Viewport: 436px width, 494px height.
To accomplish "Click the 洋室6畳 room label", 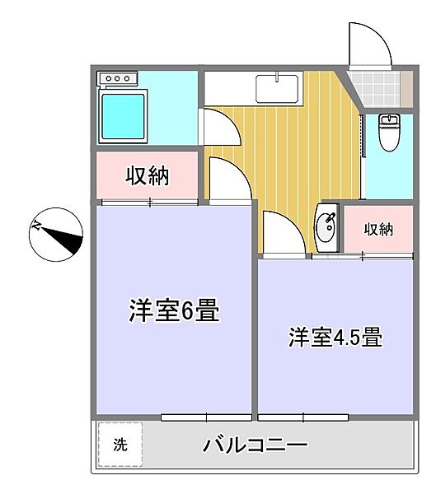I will [172, 312].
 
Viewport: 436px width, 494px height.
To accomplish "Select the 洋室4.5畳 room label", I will [334, 337].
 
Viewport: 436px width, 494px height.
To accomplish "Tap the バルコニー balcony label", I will [255, 446].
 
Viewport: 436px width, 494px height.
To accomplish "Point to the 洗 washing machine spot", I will [120, 445].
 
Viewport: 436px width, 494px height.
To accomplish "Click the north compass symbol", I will [56, 234].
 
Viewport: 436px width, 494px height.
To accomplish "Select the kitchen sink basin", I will [276, 86].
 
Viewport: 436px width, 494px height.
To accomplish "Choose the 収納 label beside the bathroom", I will [148, 175].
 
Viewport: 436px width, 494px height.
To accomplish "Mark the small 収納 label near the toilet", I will [378, 229].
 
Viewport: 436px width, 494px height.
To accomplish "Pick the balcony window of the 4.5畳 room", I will [314, 417].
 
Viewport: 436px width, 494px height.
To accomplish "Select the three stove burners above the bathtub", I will [119, 79].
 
